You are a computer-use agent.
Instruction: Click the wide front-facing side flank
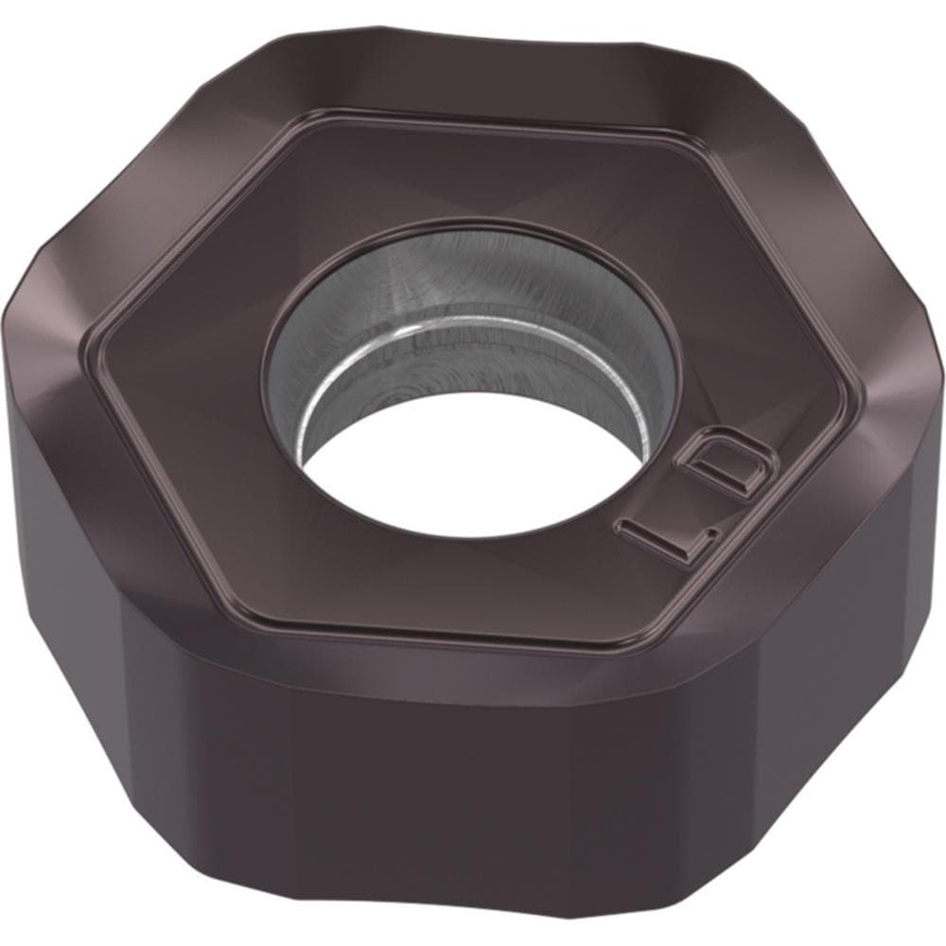(416, 804)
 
